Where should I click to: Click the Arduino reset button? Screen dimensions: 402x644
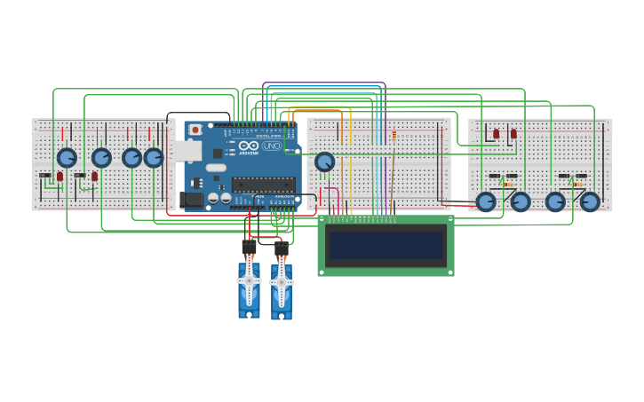[x=195, y=130]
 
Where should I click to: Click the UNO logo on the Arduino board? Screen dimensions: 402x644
[x=271, y=146]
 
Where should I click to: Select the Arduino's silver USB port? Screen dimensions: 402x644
[x=187, y=151]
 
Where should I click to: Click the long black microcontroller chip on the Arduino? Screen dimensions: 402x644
[x=263, y=185]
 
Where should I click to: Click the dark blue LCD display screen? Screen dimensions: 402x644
[x=386, y=245]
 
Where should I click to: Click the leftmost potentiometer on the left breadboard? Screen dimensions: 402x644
[x=67, y=158]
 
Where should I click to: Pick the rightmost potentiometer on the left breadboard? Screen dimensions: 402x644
[x=154, y=158]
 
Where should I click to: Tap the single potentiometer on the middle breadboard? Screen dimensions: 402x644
[x=324, y=162]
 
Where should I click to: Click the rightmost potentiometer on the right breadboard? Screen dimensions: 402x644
[x=590, y=201]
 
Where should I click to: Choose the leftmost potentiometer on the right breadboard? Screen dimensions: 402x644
[x=486, y=201]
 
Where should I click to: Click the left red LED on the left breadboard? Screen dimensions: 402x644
[x=60, y=177]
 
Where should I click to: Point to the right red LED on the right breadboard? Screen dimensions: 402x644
[x=513, y=134]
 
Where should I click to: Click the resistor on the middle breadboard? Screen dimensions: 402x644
[x=394, y=136]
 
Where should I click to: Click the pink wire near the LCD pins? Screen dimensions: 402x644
[x=330, y=188]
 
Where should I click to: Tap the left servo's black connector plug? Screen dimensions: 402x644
[x=249, y=248]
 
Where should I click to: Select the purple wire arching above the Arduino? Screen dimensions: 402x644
[x=324, y=83]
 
